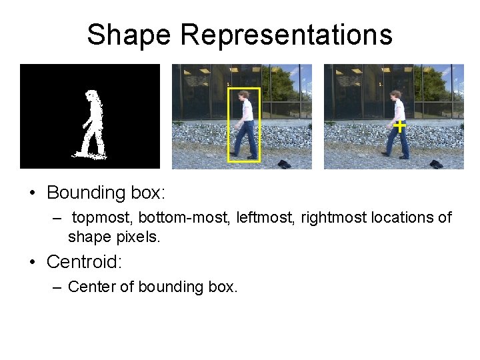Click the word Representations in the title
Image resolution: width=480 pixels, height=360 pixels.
[287, 35]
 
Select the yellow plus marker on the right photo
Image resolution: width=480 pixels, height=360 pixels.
[399, 125]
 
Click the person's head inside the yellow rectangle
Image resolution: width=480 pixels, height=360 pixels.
[245, 95]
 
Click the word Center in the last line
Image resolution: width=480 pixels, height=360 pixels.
[90, 287]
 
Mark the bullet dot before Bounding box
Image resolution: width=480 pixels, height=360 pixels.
[32, 194]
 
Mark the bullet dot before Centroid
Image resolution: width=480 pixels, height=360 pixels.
[32, 263]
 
